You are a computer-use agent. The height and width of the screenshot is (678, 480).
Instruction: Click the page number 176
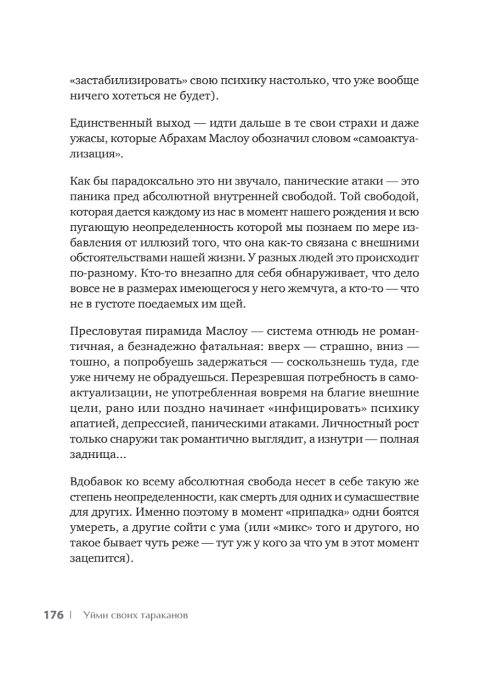point(53,615)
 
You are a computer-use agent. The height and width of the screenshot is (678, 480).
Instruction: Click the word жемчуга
point(313,289)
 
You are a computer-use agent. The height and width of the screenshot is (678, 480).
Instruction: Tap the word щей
point(234,305)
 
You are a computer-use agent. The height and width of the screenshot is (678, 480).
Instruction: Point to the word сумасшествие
point(374,497)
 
